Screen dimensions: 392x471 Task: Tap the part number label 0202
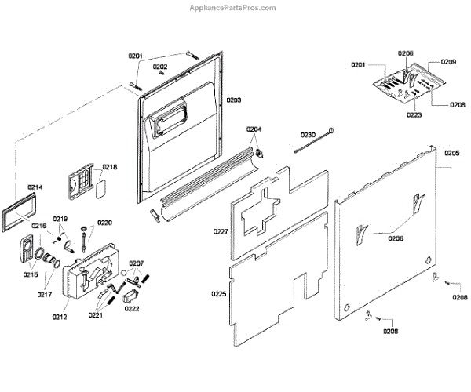pyautogui.click(x=160, y=67)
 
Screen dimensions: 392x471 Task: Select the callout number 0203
pyautogui.click(x=234, y=101)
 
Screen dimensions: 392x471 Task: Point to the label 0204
pyautogui.click(x=254, y=129)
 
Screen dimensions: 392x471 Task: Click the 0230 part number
pyautogui.click(x=308, y=135)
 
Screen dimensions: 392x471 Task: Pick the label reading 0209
pyautogui.click(x=448, y=61)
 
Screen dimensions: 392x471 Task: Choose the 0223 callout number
pyautogui.click(x=414, y=115)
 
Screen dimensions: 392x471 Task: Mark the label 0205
pyautogui.click(x=452, y=152)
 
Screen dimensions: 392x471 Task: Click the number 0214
pyautogui.click(x=35, y=187)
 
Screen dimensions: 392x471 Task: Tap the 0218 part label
pyautogui.click(x=110, y=167)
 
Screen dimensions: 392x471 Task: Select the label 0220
pyautogui.click(x=104, y=223)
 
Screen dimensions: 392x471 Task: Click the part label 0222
pyautogui.click(x=132, y=309)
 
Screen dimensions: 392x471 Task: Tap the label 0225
pyautogui.click(x=219, y=295)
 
